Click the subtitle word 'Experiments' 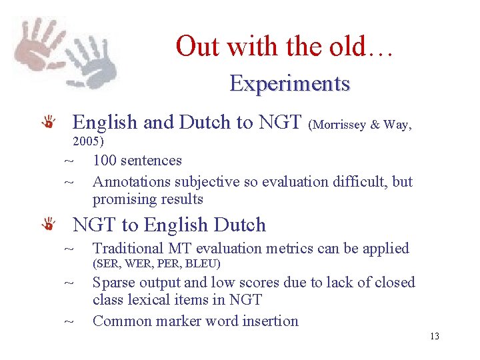(x=289, y=84)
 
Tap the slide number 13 (x=435, y=336)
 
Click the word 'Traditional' (x=131, y=249)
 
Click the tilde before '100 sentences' (x=68, y=161)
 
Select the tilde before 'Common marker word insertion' (x=68, y=322)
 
